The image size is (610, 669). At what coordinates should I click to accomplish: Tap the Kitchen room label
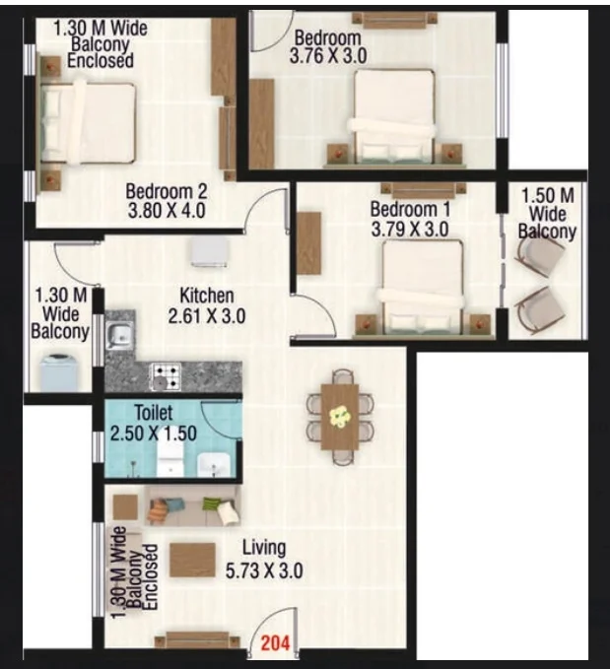[207, 296]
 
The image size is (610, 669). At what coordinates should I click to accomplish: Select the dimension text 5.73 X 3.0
[264, 570]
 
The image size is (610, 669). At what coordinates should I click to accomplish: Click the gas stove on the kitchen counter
[166, 376]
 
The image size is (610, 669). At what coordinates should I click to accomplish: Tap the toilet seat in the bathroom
[170, 459]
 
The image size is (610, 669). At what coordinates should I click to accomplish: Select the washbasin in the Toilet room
[214, 465]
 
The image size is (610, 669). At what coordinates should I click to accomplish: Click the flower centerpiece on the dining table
[340, 416]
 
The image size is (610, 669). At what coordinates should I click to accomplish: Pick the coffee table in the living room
[192, 560]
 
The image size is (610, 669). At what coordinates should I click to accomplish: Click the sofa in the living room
[192, 506]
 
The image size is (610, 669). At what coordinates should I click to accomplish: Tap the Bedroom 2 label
[167, 191]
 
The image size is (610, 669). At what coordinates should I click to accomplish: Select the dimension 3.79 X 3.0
[410, 230]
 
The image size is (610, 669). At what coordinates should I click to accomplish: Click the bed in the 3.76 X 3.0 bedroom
[395, 116]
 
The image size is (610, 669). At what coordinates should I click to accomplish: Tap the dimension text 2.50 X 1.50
[154, 434]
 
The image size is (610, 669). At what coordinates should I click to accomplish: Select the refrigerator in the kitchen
[209, 251]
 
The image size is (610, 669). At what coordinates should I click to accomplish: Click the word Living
[264, 549]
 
